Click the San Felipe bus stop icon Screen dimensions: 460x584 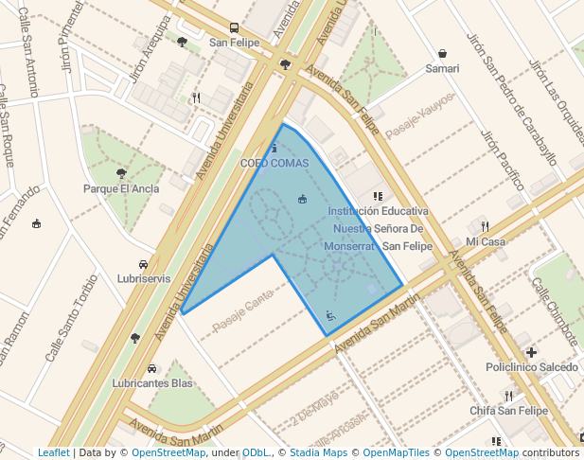coord(234,28)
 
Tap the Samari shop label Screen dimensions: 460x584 coord(442,68)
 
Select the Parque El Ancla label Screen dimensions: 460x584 coord(121,187)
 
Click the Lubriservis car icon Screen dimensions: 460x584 coord(143,264)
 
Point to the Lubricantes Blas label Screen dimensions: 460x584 coord(151,382)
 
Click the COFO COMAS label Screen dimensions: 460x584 coord(274,163)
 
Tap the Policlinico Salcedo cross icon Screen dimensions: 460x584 coord(532,352)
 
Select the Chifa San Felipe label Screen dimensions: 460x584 coord(508,411)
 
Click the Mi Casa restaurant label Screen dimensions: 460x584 coord(486,241)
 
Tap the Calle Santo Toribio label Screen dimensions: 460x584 coord(72,318)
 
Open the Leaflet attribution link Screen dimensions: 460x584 coord(54,452)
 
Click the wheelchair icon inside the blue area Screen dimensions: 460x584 coord(330,316)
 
